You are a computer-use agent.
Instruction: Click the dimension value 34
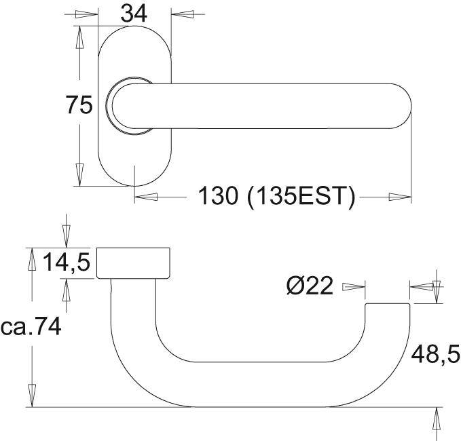[x=134, y=14]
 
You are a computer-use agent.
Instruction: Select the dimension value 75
[x=79, y=105]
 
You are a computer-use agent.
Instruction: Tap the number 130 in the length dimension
[x=218, y=195]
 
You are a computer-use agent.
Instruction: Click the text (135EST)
[x=301, y=196]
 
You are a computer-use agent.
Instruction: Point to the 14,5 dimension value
[x=67, y=262]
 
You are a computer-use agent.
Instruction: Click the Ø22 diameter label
[x=310, y=285]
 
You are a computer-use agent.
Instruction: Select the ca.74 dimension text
[x=31, y=327]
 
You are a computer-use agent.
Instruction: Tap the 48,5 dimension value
[x=435, y=354]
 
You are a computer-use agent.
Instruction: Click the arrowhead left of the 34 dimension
[x=86, y=14]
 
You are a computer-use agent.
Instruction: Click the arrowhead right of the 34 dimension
[x=182, y=14]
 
